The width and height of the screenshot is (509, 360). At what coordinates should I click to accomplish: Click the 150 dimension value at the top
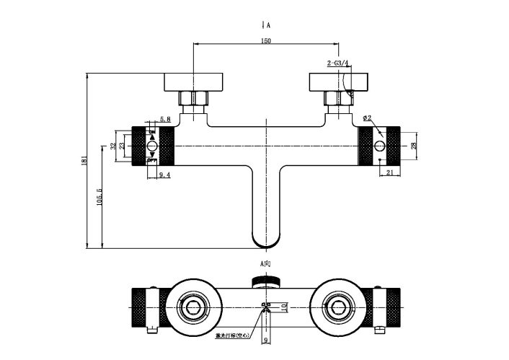(266, 42)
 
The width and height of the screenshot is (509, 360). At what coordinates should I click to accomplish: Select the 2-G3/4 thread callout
(337, 63)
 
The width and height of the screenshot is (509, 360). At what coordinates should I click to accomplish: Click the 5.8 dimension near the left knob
(165, 119)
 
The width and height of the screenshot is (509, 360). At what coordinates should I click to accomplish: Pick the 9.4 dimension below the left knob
(164, 175)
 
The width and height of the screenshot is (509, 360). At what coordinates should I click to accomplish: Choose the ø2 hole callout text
(367, 118)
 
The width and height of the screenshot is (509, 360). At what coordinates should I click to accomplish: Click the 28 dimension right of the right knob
(414, 146)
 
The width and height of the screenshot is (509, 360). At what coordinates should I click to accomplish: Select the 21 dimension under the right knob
(389, 173)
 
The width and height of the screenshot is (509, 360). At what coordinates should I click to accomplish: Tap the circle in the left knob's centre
(152, 146)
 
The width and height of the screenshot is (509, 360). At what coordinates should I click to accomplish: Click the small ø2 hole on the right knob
(380, 147)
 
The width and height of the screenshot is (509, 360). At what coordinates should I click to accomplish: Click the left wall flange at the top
(194, 81)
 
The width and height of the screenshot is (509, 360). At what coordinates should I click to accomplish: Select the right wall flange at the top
(338, 81)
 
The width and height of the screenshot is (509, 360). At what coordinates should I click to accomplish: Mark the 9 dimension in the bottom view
(266, 340)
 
